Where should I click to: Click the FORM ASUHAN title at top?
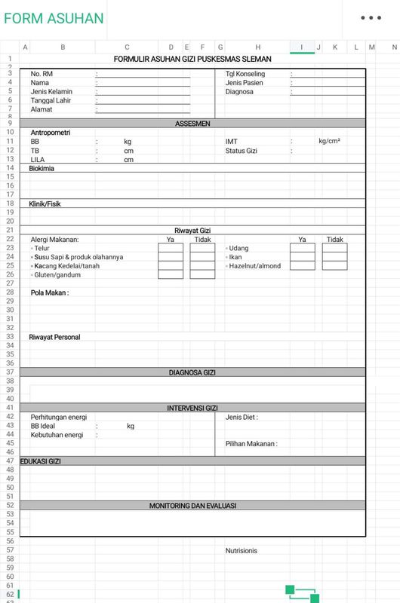point(54,19)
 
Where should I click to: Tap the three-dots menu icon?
point(371,18)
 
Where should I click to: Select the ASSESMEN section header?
point(192,123)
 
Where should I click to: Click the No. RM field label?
point(42,74)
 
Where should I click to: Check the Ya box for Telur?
point(171,248)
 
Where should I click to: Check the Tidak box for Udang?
point(334,248)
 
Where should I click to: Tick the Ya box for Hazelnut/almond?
point(302,265)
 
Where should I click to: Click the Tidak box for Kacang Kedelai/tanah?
point(202,265)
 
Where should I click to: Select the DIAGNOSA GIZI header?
point(192,372)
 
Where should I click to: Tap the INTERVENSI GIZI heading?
point(192,408)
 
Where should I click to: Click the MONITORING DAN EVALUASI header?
point(192,506)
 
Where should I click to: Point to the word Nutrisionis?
point(242,550)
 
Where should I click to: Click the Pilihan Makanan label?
point(251,444)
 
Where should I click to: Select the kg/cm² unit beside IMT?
point(329,141)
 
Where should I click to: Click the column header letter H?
point(258,47)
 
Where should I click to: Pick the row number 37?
point(11,372)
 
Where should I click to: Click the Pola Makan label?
point(50,292)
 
